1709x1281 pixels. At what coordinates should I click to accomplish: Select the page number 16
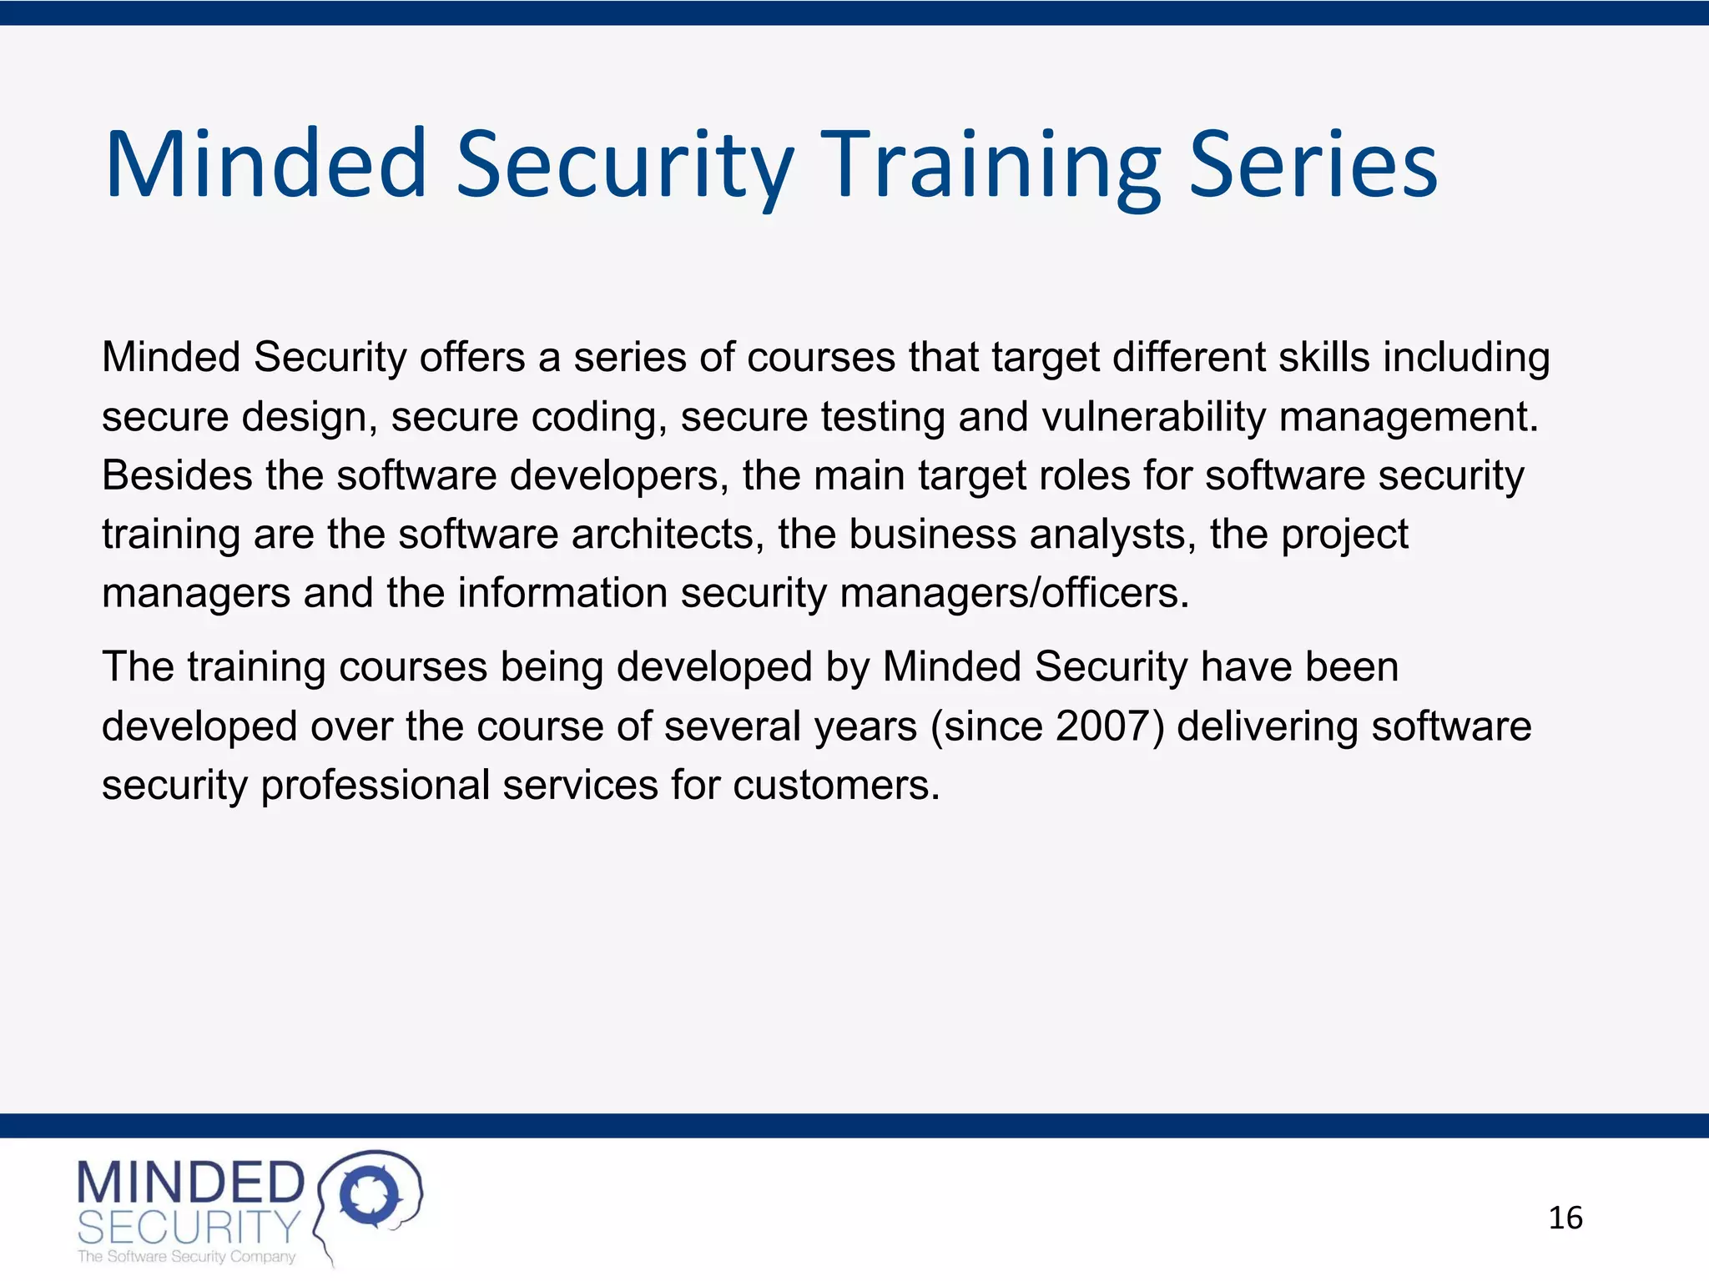coord(1565,1218)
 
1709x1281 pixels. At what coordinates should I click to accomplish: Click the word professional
coord(376,786)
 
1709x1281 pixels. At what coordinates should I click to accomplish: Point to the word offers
coord(472,358)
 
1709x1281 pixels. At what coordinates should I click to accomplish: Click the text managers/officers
coord(1014,594)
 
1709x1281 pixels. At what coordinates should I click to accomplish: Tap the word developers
coord(619,476)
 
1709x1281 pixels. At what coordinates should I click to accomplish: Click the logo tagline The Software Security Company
coord(186,1257)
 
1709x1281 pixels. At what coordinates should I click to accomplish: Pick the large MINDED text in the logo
coord(191,1183)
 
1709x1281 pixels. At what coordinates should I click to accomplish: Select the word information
coord(562,594)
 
